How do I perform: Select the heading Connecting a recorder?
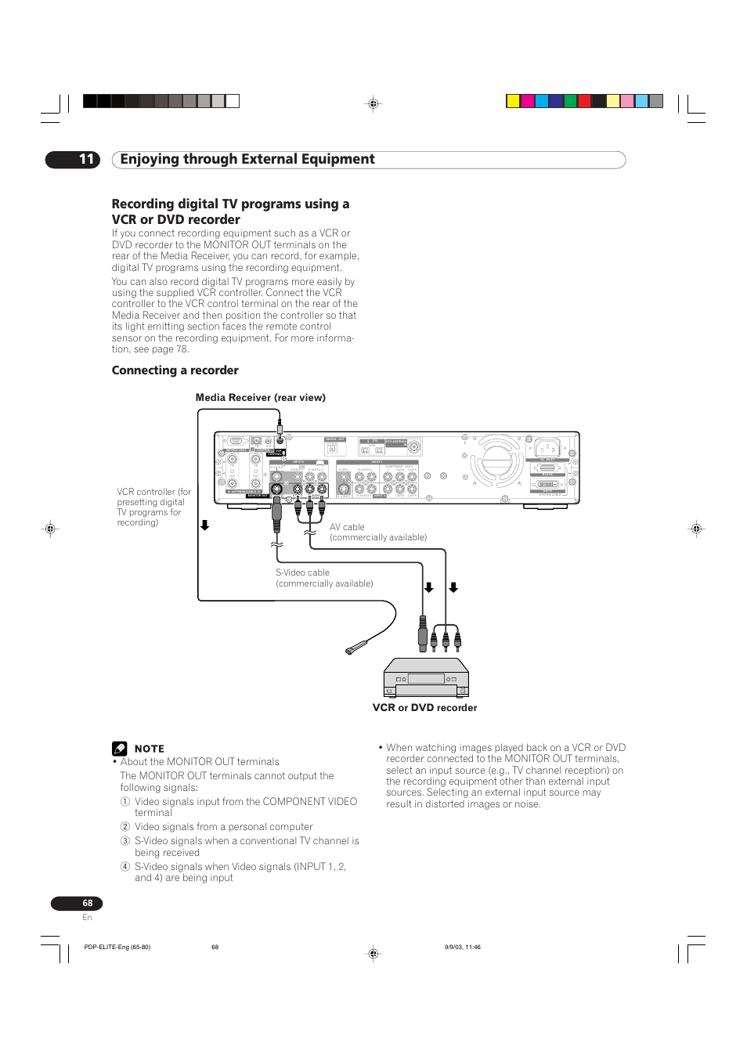(175, 370)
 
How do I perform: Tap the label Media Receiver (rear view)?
(260, 398)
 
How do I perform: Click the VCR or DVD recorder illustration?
(426, 678)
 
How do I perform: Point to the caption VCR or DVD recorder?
(424, 708)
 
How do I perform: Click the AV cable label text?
(347, 528)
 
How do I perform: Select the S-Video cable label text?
(302, 573)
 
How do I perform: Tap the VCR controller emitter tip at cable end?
(356, 648)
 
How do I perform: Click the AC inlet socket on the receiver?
(547, 448)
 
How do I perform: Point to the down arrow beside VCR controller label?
(204, 525)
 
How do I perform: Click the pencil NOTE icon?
(119, 749)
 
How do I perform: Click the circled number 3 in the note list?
(125, 841)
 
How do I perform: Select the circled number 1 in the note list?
(125, 802)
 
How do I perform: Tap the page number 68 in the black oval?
(87, 903)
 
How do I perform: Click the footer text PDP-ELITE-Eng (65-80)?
(117, 947)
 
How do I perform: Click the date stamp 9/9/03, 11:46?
(462, 947)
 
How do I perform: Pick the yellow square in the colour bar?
(513, 101)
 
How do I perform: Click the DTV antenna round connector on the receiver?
(413, 447)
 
